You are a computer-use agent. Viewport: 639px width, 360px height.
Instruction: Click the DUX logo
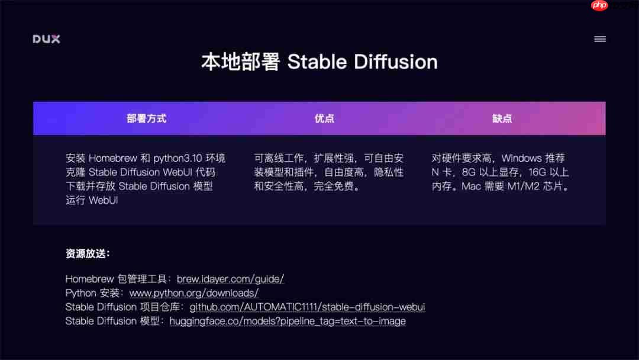tap(46, 39)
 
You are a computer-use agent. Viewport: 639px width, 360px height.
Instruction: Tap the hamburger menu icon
tap(599, 39)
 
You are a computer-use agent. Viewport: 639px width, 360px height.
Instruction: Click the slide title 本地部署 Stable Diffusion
tap(319, 62)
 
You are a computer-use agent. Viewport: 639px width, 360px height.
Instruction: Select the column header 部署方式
tap(146, 118)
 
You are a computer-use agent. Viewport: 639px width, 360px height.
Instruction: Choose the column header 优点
tap(324, 118)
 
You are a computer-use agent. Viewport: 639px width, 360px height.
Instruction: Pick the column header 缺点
tap(502, 118)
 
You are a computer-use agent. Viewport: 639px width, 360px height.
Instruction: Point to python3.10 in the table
tap(178, 158)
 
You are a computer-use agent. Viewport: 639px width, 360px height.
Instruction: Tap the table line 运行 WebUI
tap(92, 200)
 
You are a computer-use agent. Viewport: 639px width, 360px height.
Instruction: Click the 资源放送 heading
tap(88, 254)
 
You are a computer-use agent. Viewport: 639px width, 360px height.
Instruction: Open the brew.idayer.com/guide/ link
tap(230, 279)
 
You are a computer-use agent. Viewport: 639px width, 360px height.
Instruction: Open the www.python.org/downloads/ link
tap(193, 293)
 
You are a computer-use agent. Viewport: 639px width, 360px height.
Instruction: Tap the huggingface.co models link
tap(288, 322)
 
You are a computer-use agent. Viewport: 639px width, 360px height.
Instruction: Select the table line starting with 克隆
tap(140, 172)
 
